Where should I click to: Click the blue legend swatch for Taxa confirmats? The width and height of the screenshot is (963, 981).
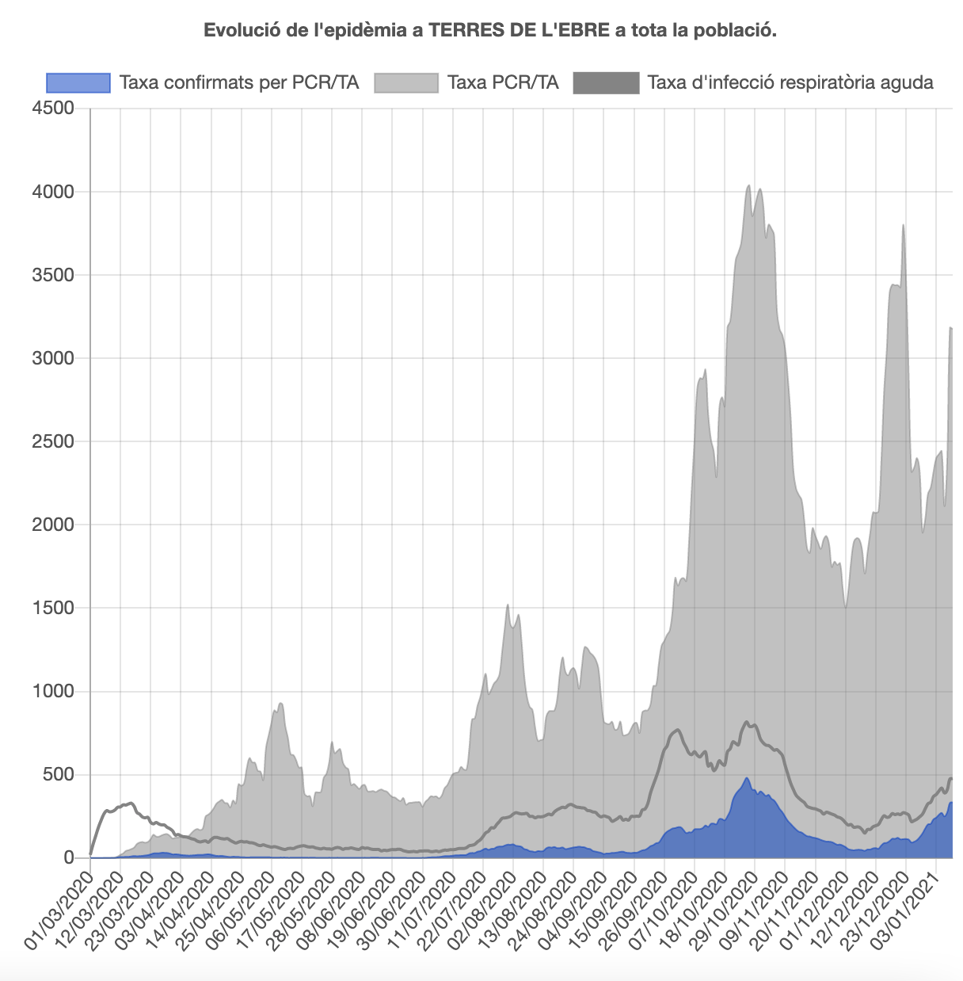(78, 82)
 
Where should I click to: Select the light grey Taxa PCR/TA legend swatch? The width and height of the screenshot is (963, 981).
(405, 82)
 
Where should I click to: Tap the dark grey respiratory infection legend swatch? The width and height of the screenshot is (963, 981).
(606, 82)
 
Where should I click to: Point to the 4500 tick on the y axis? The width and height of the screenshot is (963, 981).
(52, 108)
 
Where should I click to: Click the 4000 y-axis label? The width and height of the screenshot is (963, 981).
(52, 192)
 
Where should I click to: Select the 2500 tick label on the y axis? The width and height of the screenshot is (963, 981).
(52, 441)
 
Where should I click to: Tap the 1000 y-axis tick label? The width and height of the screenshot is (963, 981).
(52, 691)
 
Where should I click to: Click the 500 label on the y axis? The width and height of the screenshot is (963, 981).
(57, 774)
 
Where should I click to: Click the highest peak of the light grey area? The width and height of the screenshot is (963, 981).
(749, 186)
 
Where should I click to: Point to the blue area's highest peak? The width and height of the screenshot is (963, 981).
(746, 778)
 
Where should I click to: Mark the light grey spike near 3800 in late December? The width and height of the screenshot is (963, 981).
(903, 226)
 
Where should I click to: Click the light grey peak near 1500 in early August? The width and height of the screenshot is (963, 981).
(508, 605)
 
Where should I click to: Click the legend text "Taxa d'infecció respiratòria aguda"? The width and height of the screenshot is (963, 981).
(790, 82)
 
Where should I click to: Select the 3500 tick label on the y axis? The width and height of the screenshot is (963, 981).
(52, 275)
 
